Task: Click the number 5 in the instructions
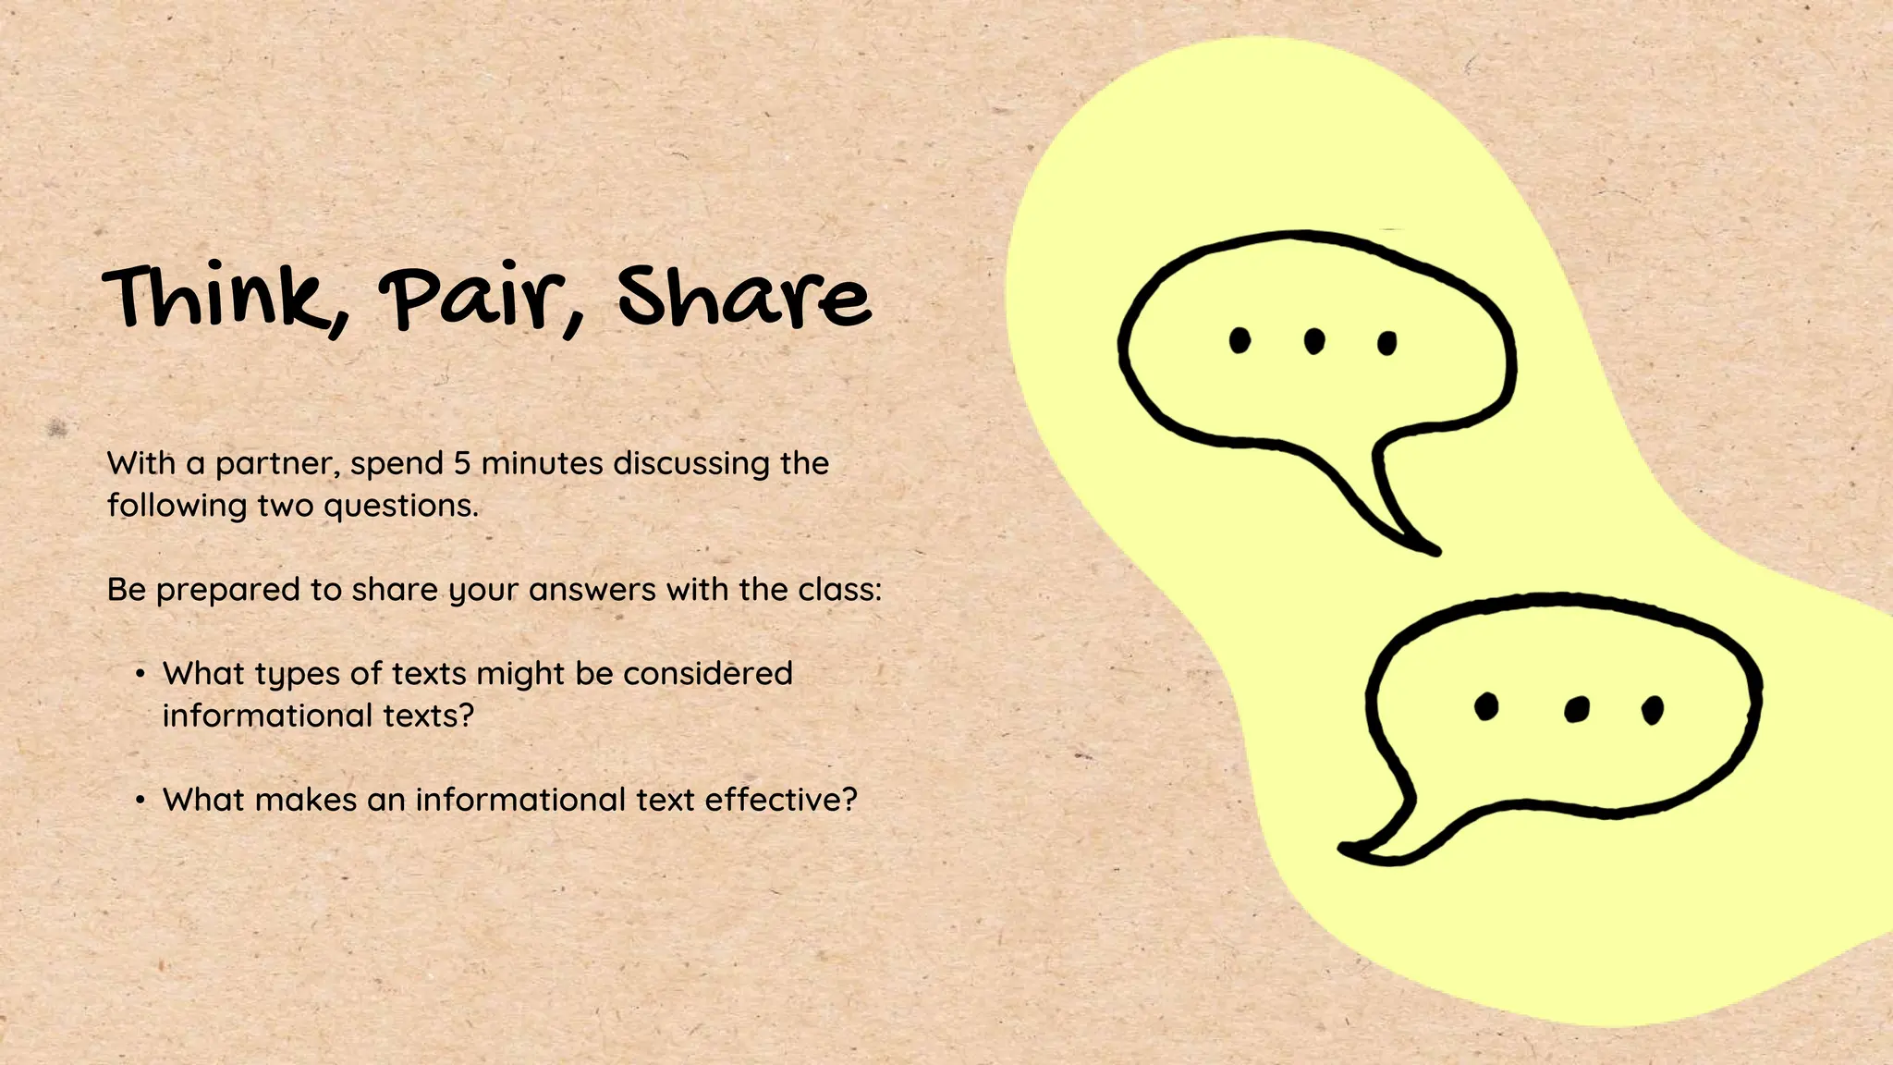pyautogui.click(x=462, y=463)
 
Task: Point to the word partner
pyautogui.click(x=275, y=464)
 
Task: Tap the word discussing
pyautogui.click(x=690, y=463)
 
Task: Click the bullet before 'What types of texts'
pyautogui.click(x=140, y=674)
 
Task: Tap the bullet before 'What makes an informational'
pyautogui.click(x=140, y=800)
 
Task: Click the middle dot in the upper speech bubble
pyautogui.click(x=1313, y=342)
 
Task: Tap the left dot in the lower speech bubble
pyautogui.click(x=1486, y=706)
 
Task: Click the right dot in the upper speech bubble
pyautogui.click(x=1386, y=344)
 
